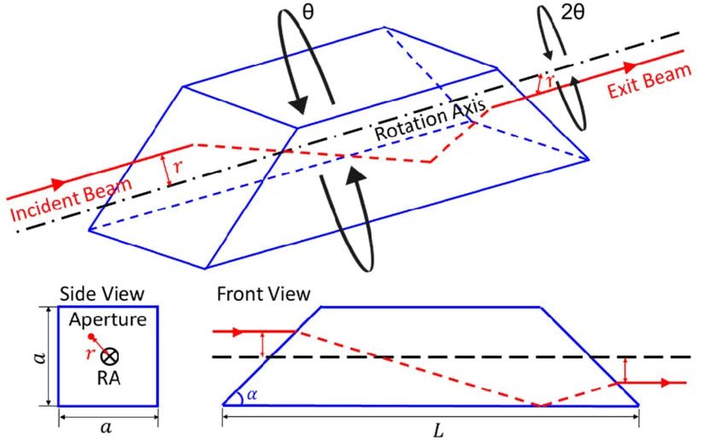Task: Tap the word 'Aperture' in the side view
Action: pos(108,320)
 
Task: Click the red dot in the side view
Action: pos(91,337)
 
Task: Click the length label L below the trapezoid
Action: pos(437,430)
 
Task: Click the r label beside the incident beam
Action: pos(178,166)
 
